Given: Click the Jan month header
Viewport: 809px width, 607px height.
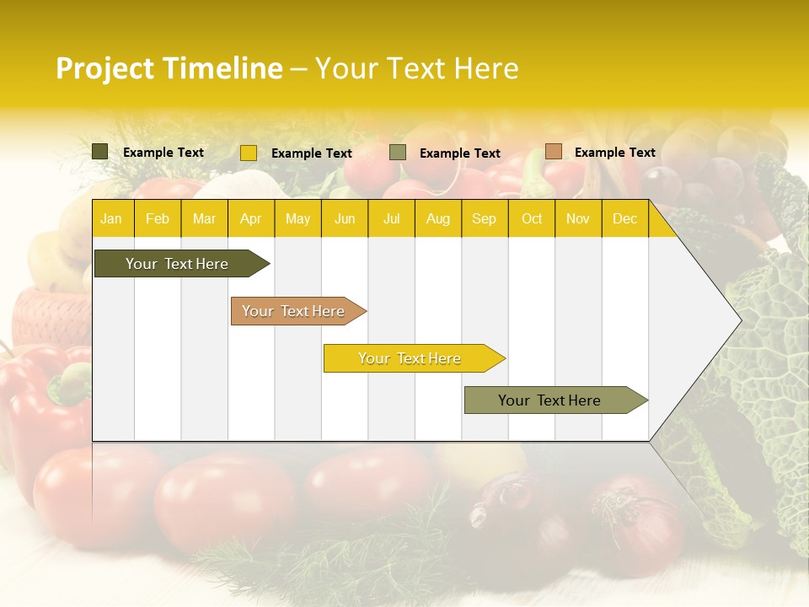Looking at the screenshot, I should (x=111, y=219).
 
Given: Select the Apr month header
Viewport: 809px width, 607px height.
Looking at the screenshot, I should (x=250, y=219).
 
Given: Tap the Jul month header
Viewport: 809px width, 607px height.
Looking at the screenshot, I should (x=391, y=219).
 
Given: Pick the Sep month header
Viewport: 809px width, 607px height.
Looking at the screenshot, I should (x=484, y=219).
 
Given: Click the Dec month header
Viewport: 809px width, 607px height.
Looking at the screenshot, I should (x=624, y=219).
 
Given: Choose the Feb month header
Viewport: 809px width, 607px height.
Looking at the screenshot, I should (x=158, y=219).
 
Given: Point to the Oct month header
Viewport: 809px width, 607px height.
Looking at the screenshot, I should (x=532, y=219).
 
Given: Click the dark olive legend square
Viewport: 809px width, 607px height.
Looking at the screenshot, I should (x=100, y=152).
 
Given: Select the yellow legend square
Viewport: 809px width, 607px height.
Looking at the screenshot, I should (x=249, y=153).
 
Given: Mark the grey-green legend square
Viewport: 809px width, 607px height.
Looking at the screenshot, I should (x=398, y=153).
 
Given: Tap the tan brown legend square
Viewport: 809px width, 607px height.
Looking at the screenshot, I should (x=553, y=152).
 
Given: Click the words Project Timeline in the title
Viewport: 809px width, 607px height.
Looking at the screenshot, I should (x=169, y=68).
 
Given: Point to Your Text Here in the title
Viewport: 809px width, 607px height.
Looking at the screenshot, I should (x=416, y=68).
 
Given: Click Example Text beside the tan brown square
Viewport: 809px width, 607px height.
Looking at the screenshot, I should (x=614, y=153).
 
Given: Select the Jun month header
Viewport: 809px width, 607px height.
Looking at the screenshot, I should (x=345, y=219).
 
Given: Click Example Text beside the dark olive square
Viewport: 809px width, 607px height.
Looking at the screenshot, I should (x=163, y=153).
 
